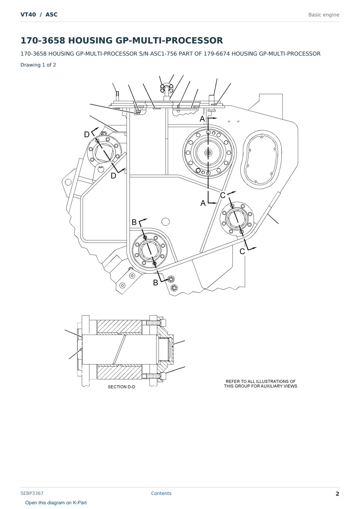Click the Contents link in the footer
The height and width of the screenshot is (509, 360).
(x=161, y=493)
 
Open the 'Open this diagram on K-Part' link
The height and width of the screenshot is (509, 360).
(x=56, y=503)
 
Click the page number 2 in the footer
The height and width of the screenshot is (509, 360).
(x=337, y=494)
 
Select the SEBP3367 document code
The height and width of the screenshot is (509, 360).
(x=32, y=493)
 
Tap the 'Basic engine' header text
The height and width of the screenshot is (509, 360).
(x=324, y=15)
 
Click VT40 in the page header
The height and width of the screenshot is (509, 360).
(x=28, y=14)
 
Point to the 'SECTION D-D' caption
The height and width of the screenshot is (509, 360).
(x=121, y=387)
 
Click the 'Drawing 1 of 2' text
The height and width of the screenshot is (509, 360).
(x=38, y=65)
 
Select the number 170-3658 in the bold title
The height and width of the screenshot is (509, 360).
(x=43, y=40)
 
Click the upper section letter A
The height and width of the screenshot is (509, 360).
(x=202, y=119)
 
